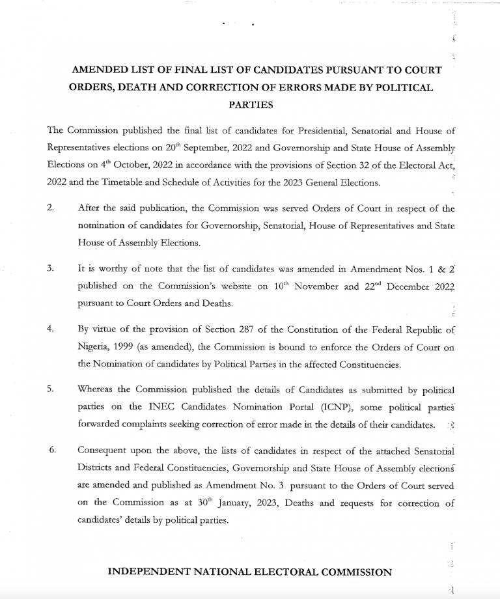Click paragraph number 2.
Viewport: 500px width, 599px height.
click(50, 208)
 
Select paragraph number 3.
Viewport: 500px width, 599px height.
click(50, 268)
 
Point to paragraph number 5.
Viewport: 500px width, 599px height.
click(50, 389)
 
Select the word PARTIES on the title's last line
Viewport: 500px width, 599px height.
click(251, 104)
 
